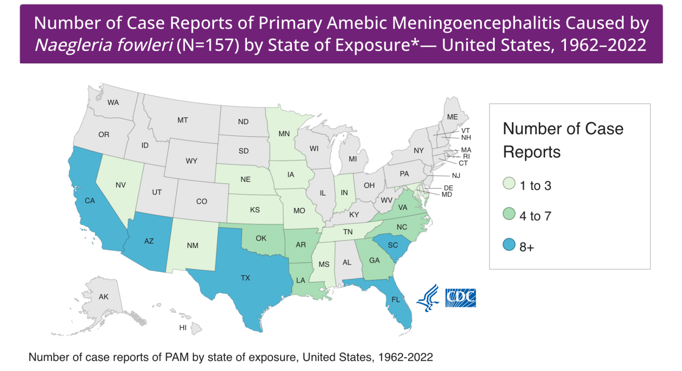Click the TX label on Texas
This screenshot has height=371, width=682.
[x=245, y=278]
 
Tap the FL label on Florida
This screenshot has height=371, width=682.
[x=396, y=300]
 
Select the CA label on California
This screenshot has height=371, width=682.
[x=90, y=201]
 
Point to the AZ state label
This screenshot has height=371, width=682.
[x=149, y=241]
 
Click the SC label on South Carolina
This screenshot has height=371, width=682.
[x=393, y=245]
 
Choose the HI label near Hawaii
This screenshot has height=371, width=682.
[x=183, y=328]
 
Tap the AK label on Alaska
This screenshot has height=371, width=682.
[x=104, y=297]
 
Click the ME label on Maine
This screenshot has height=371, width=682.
[x=453, y=117]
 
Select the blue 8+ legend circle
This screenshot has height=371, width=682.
[x=509, y=245]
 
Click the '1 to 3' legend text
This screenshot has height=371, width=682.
[x=535, y=186]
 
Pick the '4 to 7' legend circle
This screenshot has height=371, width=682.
[x=509, y=213]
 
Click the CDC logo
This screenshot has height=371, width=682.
[x=461, y=298]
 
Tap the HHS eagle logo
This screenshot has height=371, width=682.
[x=428, y=298]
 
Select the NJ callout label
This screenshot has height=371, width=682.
[x=456, y=175]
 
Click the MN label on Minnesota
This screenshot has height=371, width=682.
[x=284, y=134]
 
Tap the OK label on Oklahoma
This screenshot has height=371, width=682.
[x=261, y=238]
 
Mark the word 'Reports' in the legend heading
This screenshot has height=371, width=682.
[x=531, y=152]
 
